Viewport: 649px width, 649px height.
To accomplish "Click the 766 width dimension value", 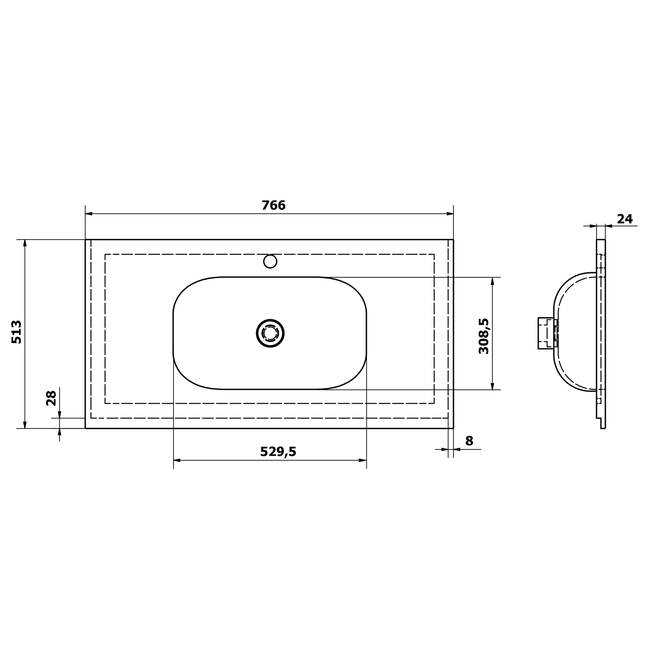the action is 273,205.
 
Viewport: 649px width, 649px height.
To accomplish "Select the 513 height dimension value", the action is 16,332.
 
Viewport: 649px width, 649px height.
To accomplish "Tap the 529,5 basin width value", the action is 278,452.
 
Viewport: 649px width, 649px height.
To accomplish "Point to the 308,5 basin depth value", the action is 484,336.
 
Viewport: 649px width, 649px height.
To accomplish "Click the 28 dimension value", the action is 51,398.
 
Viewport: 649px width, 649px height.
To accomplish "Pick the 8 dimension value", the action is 469,441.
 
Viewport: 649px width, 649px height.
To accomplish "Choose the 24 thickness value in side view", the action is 625,219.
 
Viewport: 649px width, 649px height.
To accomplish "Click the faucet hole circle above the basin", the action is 270,261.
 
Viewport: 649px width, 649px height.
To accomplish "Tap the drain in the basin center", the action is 270,333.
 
